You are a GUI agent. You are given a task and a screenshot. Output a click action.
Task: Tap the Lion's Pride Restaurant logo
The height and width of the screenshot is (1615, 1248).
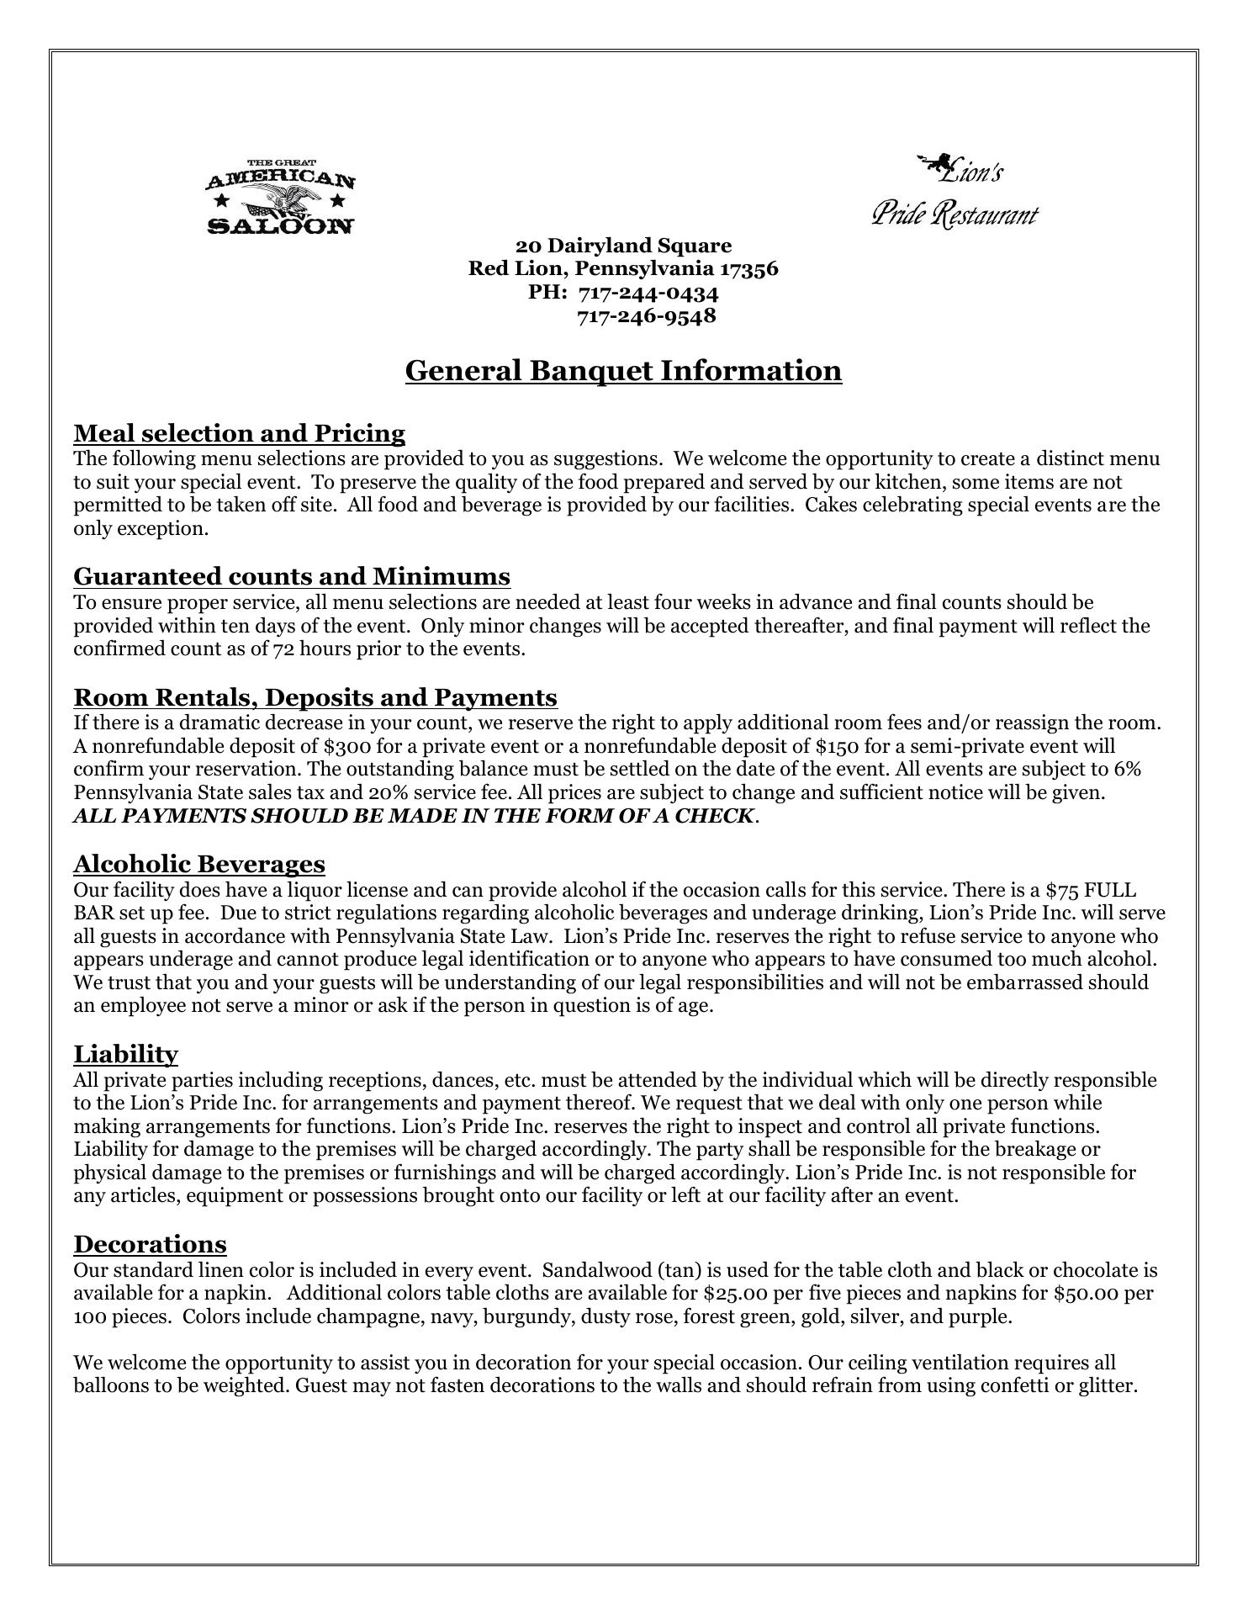[x=955, y=192]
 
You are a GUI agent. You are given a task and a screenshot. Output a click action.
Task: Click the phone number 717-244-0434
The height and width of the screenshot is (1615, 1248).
[x=648, y=293]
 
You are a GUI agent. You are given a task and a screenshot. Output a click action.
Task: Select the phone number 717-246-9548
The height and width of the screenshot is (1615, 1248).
[x=646, y=315]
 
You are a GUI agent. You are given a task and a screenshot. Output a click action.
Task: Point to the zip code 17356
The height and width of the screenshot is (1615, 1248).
[x=748, y=269]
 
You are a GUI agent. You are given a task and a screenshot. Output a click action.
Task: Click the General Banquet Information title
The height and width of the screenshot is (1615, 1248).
[x=623, y=370]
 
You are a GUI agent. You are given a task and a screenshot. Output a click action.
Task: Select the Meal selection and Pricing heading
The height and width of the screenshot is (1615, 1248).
[x=239, y=433]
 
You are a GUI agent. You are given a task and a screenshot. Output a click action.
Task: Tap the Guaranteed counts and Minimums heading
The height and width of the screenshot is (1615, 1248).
[x=291, y=576]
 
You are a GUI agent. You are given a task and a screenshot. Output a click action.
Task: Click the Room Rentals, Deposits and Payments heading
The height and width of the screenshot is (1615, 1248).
[x=315, y=697]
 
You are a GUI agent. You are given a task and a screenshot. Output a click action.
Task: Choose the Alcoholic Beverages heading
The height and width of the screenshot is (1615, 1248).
[x=198, y=864]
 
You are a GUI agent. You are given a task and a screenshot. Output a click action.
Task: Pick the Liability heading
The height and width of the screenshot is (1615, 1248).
[x=125, y=1054]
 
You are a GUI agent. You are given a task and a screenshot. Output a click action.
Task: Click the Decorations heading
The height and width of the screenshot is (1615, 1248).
[x=150, y=1244]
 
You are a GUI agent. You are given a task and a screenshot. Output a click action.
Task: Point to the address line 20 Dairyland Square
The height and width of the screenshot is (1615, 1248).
[x=623, y=246]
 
